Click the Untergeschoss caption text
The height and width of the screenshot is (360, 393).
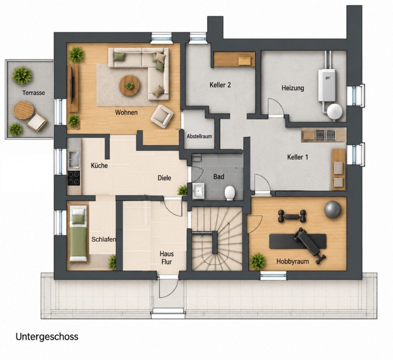pos(47,336)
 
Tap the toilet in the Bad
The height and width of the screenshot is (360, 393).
pos(229,193)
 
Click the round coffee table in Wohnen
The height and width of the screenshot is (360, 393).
pos(129,85)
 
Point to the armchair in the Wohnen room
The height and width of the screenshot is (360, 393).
pos(162,117)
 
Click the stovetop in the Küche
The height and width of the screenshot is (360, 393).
pos(73,178)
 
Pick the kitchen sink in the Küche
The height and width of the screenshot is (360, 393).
pos(73,159)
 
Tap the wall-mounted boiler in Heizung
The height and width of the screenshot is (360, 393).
pos(327,85)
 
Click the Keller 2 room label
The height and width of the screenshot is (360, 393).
pos(220,85)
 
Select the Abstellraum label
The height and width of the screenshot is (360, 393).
pos(199,136)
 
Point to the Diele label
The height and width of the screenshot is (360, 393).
pos(164,178)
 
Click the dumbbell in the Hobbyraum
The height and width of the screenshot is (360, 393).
pos(292,216)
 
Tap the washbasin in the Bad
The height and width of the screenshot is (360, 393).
pos(199,191)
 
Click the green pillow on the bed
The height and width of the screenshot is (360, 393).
pos(79,218)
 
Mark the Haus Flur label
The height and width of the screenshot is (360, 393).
pos(167,258)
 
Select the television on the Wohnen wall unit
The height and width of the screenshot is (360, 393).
pos(73,85)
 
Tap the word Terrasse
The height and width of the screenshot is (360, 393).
pos(34,93)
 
